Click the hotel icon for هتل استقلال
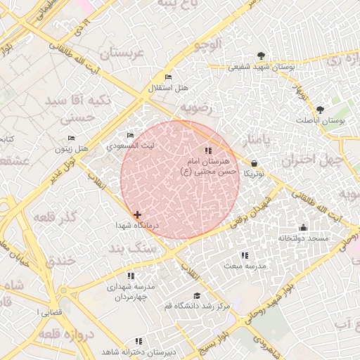pyautogui.click(x=167, y=77)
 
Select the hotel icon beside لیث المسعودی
pyautogui.click(x=130, y=136)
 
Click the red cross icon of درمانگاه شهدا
pyautogui.click(x=136, y=214)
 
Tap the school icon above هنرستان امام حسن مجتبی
pyautogui.click(x=207, y=150)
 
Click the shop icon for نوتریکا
pyautogui.click(x=253, y=163)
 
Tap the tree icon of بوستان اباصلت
pyautogui.click(x=321, y=110)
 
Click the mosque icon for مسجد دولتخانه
pyautogui.click(x=303, y=227)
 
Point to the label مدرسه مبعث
pyautogui.click(x=245, y=266)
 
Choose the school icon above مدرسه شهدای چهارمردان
pyautogui.click(x=130, y=276)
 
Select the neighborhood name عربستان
pyautogui.click(x=125, y=53)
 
